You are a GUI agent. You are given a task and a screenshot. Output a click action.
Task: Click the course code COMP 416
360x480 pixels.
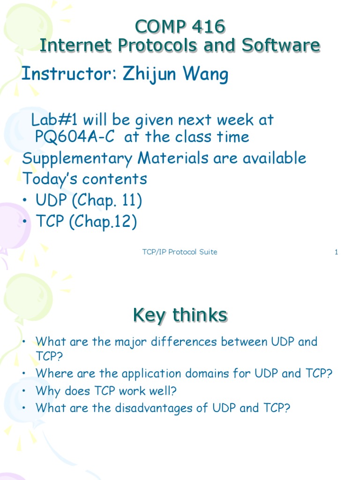(x=180, y=27)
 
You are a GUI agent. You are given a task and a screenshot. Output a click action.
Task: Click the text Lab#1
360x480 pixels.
(x=49, y=120)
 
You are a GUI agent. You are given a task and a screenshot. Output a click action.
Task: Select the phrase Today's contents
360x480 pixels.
(x=85, y=179)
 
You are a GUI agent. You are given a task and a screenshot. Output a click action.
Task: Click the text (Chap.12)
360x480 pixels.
(x=103, y=222)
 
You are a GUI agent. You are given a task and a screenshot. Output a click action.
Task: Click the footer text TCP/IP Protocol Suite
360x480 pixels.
(x=180, y=252)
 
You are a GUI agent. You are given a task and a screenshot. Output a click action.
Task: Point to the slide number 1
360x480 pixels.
(x=336, y=252)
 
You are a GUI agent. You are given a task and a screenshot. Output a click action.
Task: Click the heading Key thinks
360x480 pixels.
(x=180, y=315)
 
